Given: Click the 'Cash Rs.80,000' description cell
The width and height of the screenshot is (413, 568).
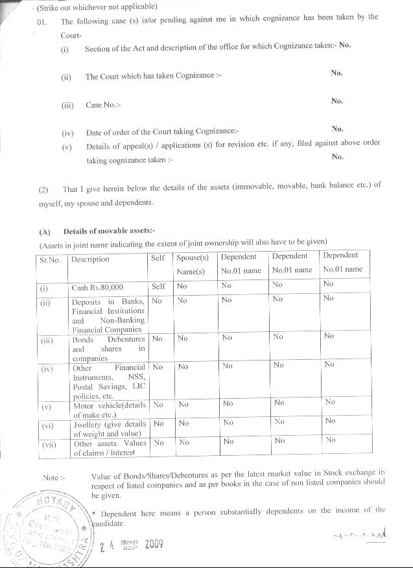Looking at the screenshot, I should (97, 287).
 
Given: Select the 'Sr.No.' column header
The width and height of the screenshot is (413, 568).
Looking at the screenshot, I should (49, 259).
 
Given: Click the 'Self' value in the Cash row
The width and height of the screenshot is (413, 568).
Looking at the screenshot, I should (158, 286).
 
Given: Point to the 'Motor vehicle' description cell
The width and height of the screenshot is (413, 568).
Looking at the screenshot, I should (108, 408).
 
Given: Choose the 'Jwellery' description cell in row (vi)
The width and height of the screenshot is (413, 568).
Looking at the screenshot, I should (108, 429).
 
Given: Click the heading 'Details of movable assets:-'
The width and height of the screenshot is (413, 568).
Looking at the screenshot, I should (110, 231).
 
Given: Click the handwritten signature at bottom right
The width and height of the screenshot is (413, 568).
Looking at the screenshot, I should (355, 536).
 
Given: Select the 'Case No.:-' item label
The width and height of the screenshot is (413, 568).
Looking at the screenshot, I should (104, 105).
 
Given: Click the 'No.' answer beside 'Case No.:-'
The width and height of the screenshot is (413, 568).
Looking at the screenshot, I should (336, 101).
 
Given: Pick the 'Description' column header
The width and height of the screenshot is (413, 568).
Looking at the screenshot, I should (90, 259).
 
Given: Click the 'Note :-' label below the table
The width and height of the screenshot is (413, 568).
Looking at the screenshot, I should (54, 477).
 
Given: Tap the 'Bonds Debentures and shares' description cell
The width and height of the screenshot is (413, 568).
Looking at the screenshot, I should (108, 348).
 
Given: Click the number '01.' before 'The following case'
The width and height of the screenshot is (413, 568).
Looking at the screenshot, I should (43, 21).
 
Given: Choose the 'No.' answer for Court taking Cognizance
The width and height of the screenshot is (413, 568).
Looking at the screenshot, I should (336, 73).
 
